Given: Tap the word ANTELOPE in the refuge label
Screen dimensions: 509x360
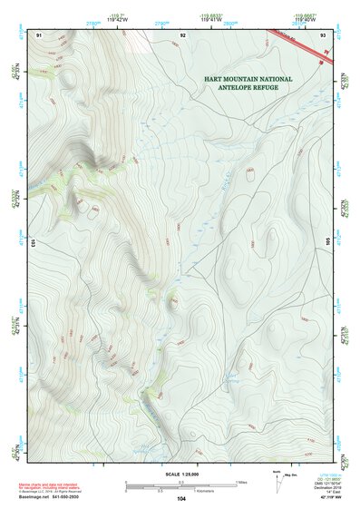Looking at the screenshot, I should (x=229, y=89).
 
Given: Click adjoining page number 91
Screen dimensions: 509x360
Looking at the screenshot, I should (x=39, y=34).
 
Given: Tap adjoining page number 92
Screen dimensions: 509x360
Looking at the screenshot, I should (x=182, y=34).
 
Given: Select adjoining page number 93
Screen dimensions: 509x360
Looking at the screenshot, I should (x=324, y=34).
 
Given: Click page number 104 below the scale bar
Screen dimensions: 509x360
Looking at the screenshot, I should (x=181, y=499).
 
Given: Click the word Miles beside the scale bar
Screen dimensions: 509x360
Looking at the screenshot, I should (x=239, y=483).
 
